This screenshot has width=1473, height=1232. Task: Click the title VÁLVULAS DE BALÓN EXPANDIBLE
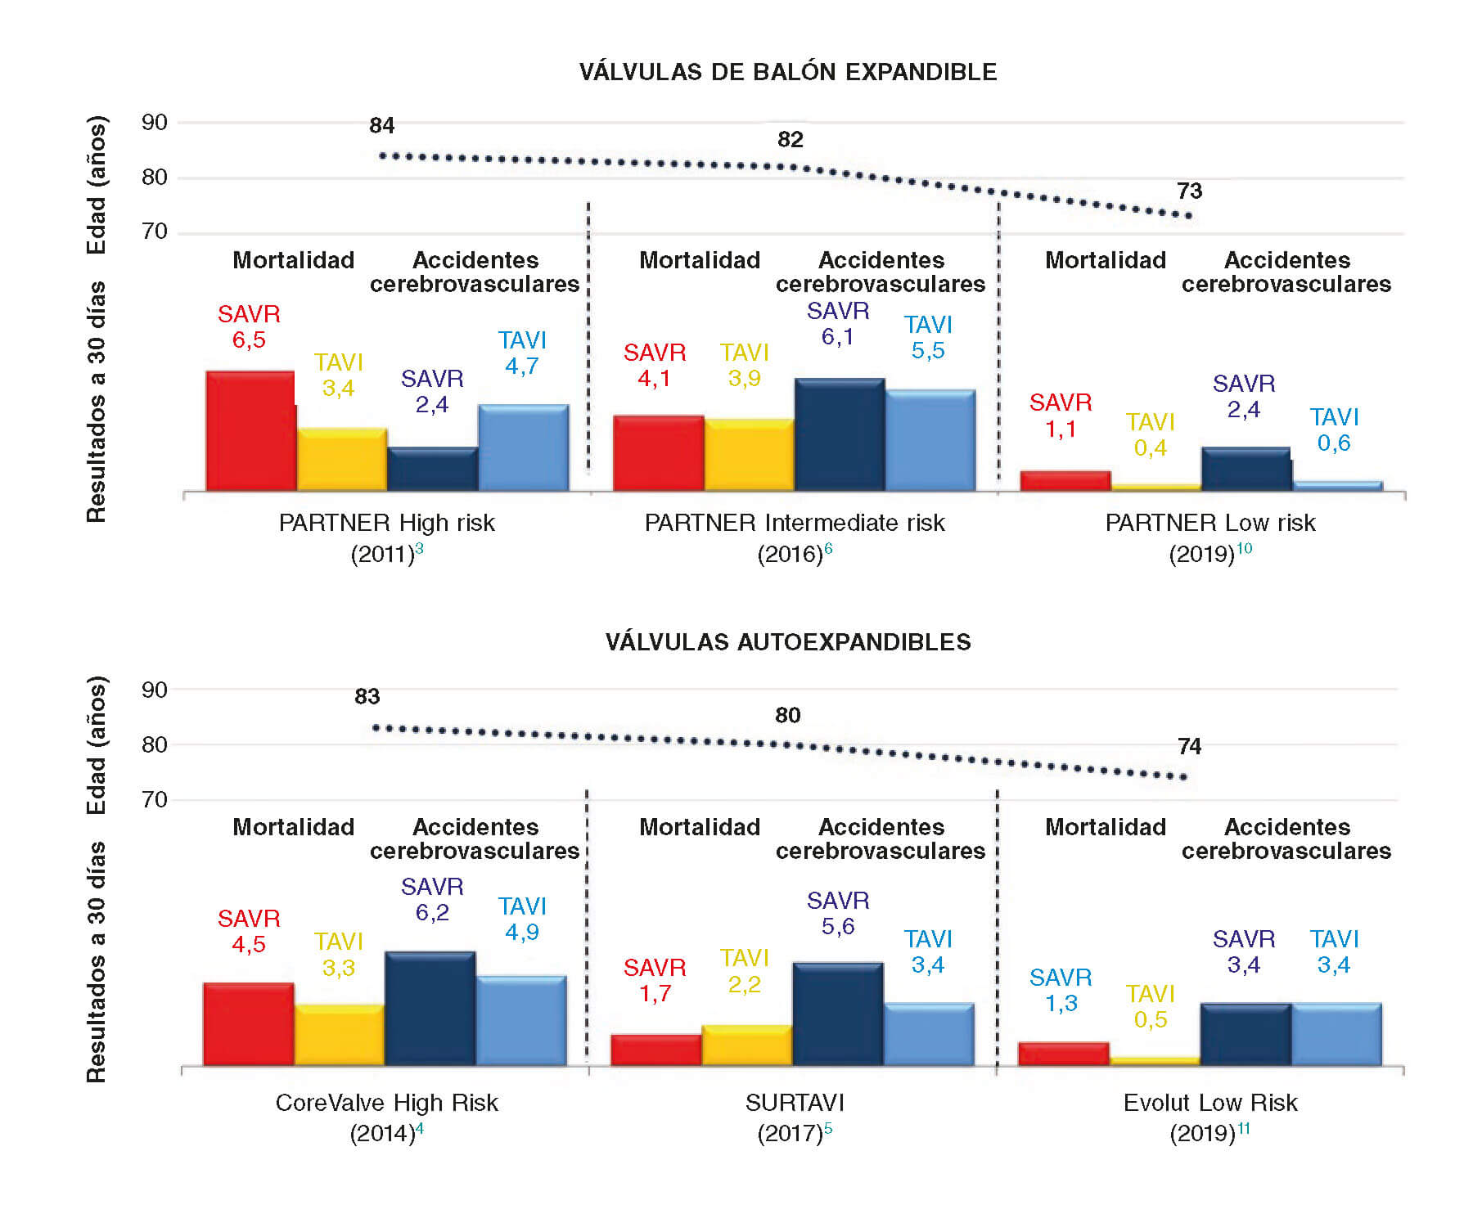pyautogui.click(x=787, y=72)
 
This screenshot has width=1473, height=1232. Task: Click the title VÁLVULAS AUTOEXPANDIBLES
pyautogui.click(x=787, y=642)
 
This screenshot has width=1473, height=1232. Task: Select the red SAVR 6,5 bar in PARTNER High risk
pyautogui.click(x=250, y=431)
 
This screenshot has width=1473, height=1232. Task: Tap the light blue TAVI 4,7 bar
pyautogui.click(x=524, y=447)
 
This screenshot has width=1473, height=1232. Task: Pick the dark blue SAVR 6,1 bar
pyautogui.click(x=840, y=434)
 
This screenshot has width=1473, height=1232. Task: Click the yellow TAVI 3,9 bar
pyautogui.click(x=749, y=455)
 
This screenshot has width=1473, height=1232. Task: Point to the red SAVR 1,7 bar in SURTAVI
pyautogui.click(x=656, y=1050)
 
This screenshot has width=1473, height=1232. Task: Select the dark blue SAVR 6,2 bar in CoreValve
pyautogui.click(x=430, y=1008)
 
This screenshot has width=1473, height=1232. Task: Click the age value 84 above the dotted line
pyautogui.click(x=381, y=126)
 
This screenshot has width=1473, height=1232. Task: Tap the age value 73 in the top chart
pyautogui.click(x=1189, y=191)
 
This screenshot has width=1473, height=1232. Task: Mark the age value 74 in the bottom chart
pyautogui.click(x=1189, y=747)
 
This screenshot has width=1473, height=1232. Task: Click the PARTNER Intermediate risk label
pyautogui.click(x=794, y=523)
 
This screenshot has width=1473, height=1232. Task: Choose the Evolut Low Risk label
pyautogui.click(x=1209, y=1103)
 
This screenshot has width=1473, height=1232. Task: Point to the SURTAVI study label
pyautogui.click(x=794, y=1103)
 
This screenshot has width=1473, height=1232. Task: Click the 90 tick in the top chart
pyautogui.click(x=155, y=123)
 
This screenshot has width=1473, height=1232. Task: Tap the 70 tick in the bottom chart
pyautogui.click(x=155, y=799)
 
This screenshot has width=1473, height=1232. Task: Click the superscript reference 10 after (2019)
pyautogui.click(x=1244, y=548)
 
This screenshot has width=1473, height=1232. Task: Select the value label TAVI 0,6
pyautogui.click(x=1334, y=430)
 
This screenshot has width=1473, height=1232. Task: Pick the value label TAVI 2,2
pyautogui.click(x=745, y=971)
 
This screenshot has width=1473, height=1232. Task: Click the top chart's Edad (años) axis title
pyautogui.click(x=97, y=185)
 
